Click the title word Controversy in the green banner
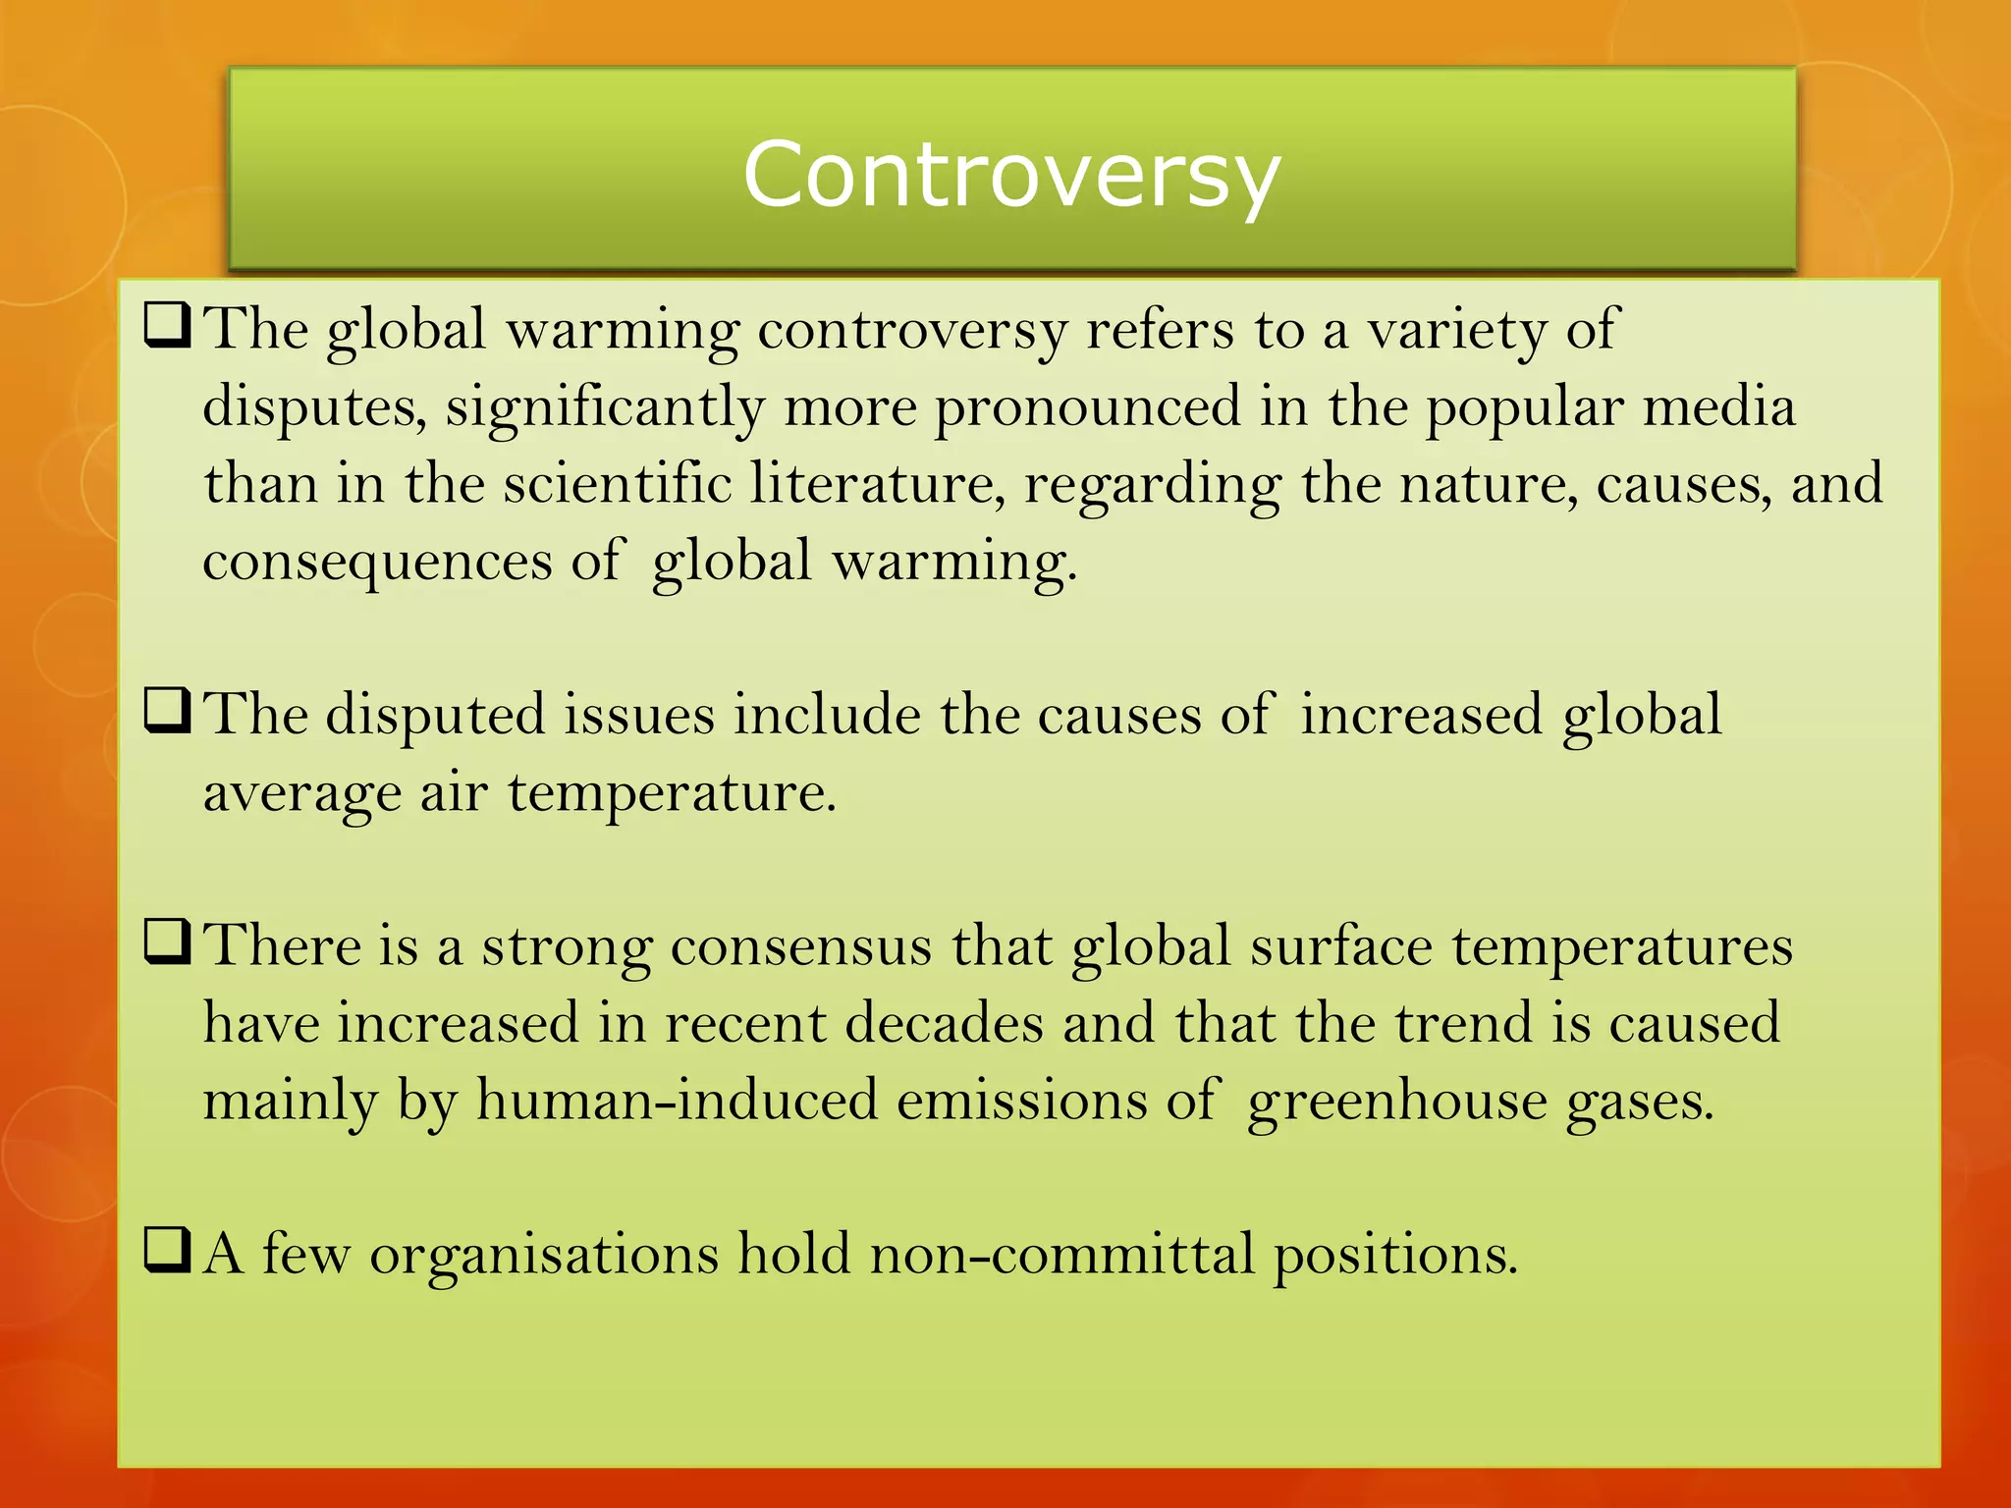pyautogui.click(x=1011, y=175)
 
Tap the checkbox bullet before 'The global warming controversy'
pyautogui.click(x=167, y=326)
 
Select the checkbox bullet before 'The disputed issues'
pyautogui.click(x=167, y=712)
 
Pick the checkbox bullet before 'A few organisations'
pyautogui.click(x=167, y=1251)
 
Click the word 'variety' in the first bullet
pyautogui.click(x=1457, y=330)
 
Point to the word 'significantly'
pyautogui.click(x=604, y=407)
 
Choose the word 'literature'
pyautogui.click(x=878, y=484)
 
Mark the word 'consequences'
pyautogui.click(x=377, y=562)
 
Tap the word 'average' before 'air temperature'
pyautogui.click(x=301, y=793)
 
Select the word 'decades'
pyautogui.click(x=944, y=1023)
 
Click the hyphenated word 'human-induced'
pyautogui.click(x=677, y=1101)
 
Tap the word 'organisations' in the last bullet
pyautogui.click(x=544, y=1255)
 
